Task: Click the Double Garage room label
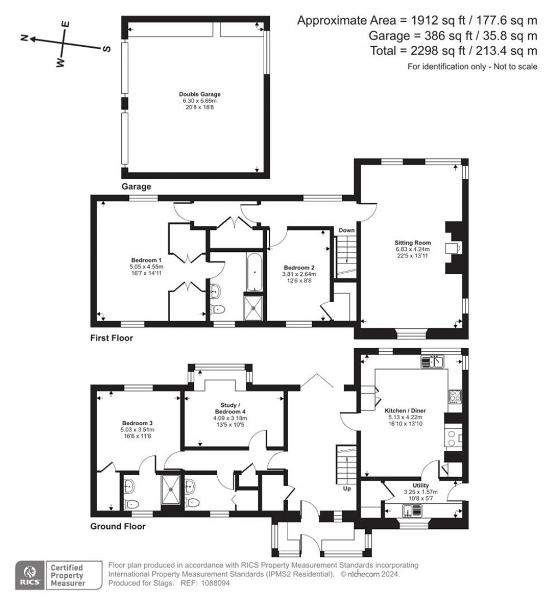click(194, 94)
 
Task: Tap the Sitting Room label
click(413, 243)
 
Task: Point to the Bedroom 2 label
click(299, 267)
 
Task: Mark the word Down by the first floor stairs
click(346, 231)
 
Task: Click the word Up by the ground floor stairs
click(346, 489)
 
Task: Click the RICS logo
click(28, 575)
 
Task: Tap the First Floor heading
click(111, 338)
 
